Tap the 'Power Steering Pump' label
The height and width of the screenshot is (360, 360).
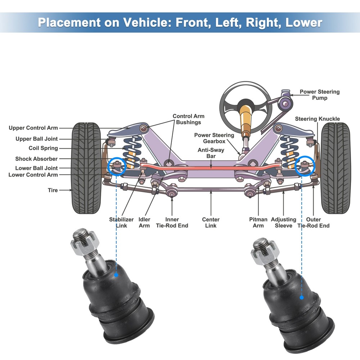tap(319, 95)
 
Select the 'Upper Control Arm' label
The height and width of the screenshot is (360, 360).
tap(33, 128)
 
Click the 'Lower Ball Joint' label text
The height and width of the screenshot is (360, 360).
tap(36, 168)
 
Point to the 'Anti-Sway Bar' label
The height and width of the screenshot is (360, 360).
tap(211, 153)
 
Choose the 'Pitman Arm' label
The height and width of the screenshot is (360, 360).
tap(258, 222)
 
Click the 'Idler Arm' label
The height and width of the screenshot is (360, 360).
tap(144, 222)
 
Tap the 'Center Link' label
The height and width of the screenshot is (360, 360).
tap(211, 222)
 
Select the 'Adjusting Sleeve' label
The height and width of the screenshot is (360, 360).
tap(283, 222)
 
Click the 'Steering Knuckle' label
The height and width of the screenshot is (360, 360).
tap(317, 119)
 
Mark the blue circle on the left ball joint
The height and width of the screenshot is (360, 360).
tap(117, 166)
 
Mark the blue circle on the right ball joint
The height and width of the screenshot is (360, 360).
tap(305, 166)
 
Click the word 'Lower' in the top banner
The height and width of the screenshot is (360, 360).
tap(303, 22)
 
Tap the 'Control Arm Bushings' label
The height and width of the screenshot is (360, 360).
tap(188, 119)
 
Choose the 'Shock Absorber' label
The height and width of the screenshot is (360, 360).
tap(36, 159)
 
